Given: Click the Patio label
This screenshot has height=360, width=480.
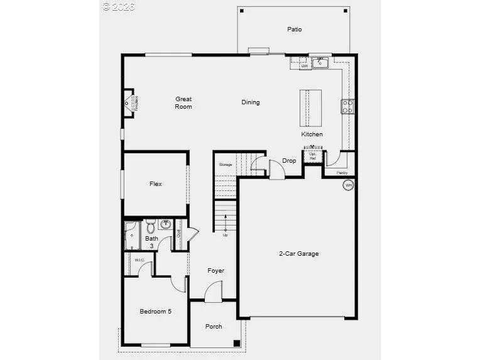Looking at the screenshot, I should click(x=294, y=29).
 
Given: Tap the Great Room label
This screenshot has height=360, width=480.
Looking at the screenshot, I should click(x=183, y=102).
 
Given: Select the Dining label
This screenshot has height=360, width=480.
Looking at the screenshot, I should click(x=250, y=102).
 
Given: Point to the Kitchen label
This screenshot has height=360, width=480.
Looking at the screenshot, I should click(x=312, y=134).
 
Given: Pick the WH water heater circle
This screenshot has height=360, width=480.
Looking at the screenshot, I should click(x=347, y=185).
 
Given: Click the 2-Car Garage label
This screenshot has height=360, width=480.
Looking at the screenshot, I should click(x=298, y=254).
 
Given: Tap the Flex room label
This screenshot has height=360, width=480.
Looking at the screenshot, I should click(x=155, y=184).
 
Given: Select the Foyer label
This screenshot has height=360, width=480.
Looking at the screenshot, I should click(x=215, y=271).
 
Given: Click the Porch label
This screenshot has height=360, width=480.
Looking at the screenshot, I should click(x=214, y=326).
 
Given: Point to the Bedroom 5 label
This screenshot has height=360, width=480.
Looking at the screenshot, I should click(x=155, y=311).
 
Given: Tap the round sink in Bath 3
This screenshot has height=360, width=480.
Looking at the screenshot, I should click(x=166, y=224).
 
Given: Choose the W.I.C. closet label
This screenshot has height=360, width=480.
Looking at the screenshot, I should click(x=139, y=259).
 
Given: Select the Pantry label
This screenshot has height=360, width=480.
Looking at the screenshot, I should click(x=342, y=172).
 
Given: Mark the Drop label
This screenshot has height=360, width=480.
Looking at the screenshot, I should click(x=289, y=161).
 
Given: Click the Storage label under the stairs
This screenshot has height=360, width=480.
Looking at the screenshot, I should click(x=226, y=165).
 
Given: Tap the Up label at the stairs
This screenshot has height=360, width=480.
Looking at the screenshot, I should click(x=225, y=235).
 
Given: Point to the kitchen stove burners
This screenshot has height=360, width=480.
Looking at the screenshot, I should click(x=346, y=106).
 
